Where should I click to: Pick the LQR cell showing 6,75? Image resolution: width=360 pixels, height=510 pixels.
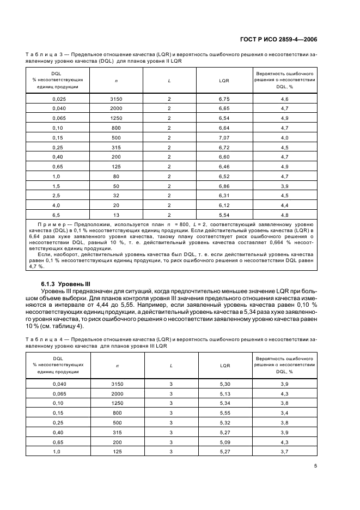(224, 99)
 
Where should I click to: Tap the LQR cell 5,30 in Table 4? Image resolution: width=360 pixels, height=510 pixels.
(224, 384)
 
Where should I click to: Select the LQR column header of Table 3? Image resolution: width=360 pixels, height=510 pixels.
(224, 80)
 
